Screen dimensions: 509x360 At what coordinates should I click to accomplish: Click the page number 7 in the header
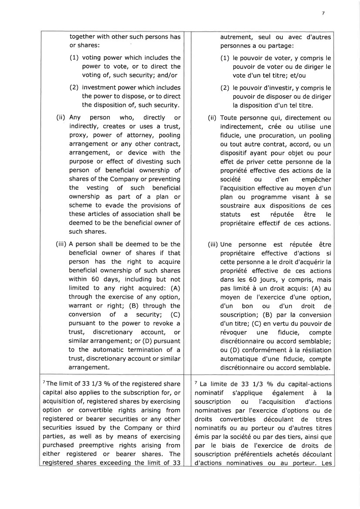point(323,13)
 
